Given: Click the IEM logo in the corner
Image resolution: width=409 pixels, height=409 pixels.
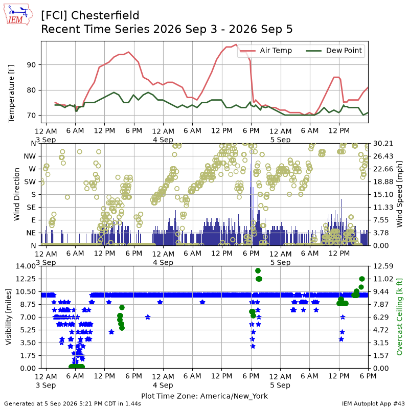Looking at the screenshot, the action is [18, 14].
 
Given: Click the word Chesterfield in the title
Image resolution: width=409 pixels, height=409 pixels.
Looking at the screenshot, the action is [105, 15].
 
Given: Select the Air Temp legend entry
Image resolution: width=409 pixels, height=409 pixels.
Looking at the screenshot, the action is [266, 50].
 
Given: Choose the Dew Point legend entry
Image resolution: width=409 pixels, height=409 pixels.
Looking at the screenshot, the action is [334, 50].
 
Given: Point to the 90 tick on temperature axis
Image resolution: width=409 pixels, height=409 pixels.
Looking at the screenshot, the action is [31, 65].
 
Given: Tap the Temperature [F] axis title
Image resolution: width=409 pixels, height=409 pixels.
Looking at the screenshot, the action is [11, 94].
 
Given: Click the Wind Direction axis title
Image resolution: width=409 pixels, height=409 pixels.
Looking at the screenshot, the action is [16, 194].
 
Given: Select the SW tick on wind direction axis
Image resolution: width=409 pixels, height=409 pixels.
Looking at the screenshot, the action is [30, 182].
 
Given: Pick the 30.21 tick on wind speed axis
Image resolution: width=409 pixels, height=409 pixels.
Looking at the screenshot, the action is [383, 144].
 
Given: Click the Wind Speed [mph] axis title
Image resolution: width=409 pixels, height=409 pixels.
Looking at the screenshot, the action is [399, 194].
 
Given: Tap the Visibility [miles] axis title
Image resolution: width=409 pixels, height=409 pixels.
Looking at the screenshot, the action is [9, 317].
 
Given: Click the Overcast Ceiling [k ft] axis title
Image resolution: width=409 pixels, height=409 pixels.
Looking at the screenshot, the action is [399, 316].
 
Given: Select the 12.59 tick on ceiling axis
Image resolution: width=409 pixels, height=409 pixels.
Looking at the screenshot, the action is [383, 266].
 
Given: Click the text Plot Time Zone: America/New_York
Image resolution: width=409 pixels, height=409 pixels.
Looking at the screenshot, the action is [204, 396].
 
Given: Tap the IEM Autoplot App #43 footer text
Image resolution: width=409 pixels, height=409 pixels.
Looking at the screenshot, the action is [373, 404].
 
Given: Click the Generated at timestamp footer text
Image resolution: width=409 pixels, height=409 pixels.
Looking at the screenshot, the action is [73, 404].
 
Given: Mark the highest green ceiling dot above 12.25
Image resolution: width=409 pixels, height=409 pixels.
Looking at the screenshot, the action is [258, 271].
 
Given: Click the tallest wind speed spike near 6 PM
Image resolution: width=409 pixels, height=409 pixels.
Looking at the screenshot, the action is [252, 198].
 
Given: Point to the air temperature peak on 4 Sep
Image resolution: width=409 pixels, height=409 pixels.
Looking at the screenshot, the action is [236, 44].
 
